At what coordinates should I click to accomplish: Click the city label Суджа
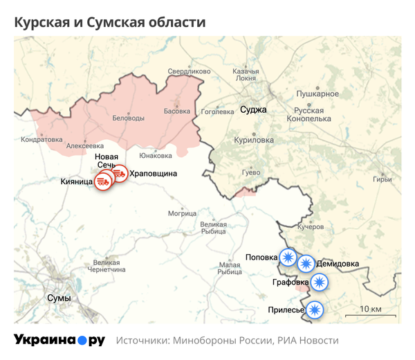coord(252,109)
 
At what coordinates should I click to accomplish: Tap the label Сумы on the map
coord(59,298)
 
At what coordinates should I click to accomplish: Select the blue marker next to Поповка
coord(287,257)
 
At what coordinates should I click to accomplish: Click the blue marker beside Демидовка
coord(306,264)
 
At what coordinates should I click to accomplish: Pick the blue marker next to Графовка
coord(319,282)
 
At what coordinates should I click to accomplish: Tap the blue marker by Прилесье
coord(315,309)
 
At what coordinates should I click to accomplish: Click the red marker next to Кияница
coord(103,181)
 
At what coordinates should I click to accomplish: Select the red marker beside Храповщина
coord(119,174)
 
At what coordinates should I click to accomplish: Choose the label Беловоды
coord(128,118)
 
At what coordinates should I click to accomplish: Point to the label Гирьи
coord(382,180)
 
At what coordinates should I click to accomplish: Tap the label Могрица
coord(182,213)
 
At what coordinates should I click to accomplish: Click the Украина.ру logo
coord(59,340)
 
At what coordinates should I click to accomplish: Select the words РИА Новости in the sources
coord(308,341)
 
